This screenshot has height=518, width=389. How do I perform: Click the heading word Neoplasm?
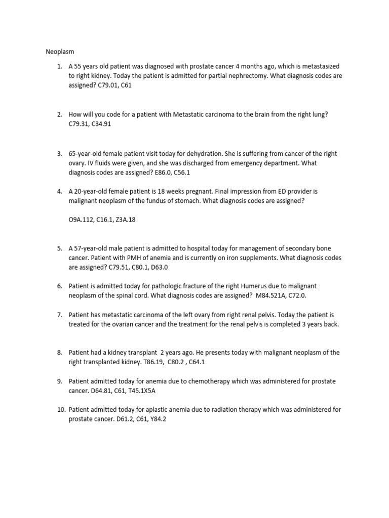click(x=60, y=51)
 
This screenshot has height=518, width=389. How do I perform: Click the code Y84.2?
click(x=157, y=419)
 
